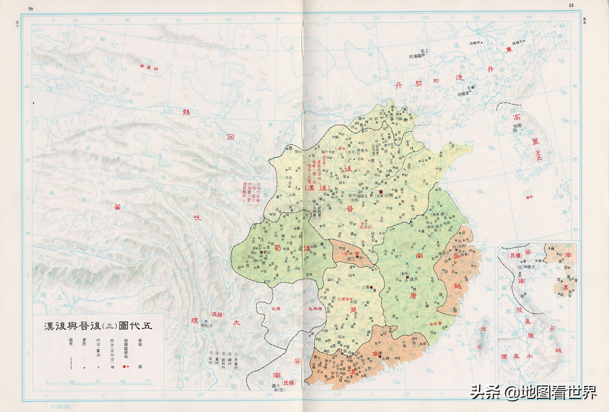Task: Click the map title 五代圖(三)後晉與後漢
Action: click(x=98, y=326)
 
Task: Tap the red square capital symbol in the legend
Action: click(x=125, y=367)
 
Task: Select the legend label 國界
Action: click(x=71, y=342)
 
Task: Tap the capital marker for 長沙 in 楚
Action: click(x=371, y=287)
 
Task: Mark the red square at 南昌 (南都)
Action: click(x=407, y=277)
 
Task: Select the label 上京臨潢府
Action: click(x=419, y=54)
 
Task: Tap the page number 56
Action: click(x=31, y=9)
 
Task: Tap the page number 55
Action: click(x=571, y=5)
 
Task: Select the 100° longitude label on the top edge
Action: click(x=228, y=19)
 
